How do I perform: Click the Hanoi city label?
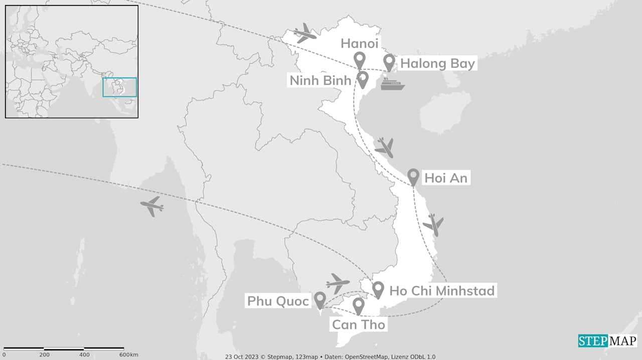(360, 44)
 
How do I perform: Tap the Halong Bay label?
(437, 64)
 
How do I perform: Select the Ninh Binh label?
(320, 80)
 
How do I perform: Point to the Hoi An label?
(445, 178)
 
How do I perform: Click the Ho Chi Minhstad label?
(442, 291)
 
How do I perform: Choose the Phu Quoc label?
(277, 301)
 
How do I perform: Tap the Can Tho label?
(358, 324)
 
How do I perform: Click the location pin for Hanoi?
(359, 60)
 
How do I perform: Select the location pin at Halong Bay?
(389, 62)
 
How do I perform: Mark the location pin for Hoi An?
(413, 175)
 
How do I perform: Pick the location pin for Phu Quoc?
(320, 299)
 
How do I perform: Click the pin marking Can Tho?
(358, 305)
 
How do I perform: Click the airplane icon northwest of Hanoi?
(305, 33)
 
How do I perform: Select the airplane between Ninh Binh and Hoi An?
(385, 147)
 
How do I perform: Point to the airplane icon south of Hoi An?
(433, 224)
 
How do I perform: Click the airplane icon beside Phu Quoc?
(338, 283)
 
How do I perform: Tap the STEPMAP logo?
(607, 341)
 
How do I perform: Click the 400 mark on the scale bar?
(84, 355)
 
